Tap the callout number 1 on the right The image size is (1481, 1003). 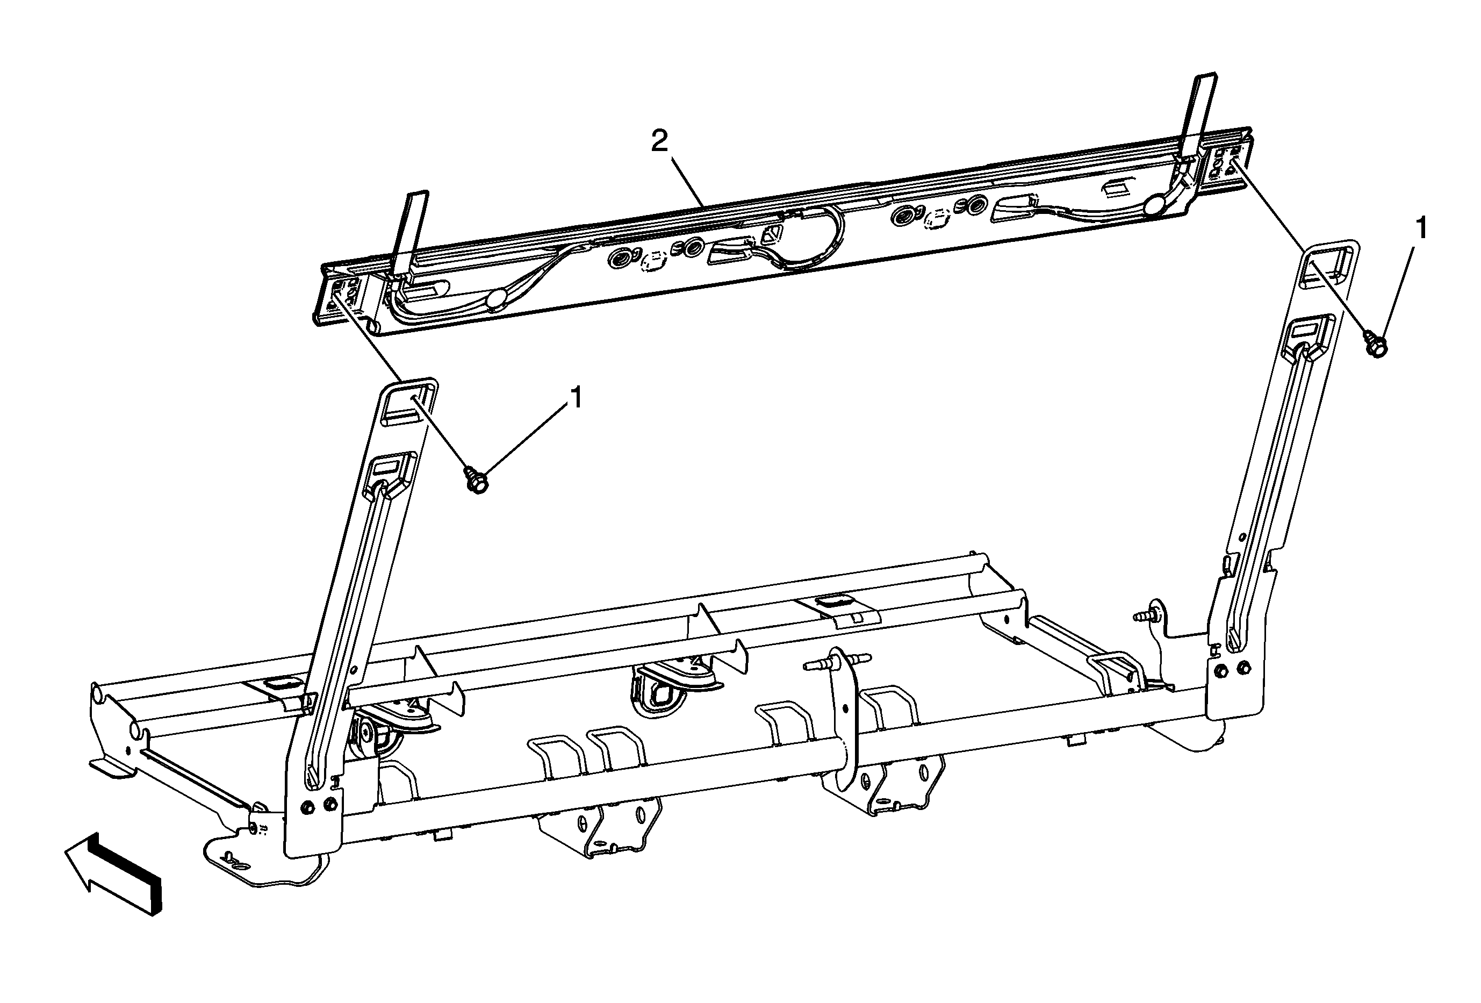pos(1421,228)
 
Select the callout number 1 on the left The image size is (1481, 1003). pos(576,398)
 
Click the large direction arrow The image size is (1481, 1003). pos(113,872)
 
